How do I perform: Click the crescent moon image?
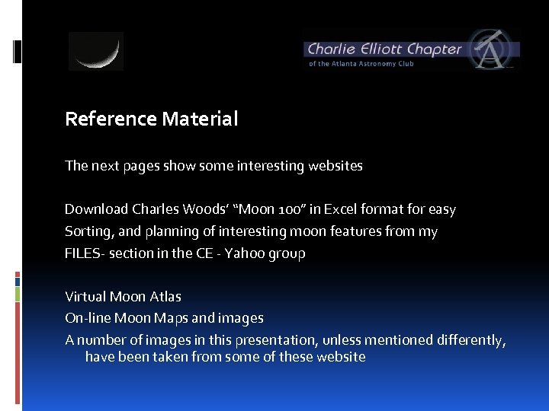pyautogui.click(x=96, y=51)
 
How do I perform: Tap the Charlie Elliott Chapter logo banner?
pyautogui.click(x=411, y=50)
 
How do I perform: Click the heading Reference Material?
pyautogui.click(x=152, y=119)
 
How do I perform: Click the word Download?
pyautogui.click(x=96, y=209)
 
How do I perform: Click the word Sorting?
pyautogui.click(x=88, y=231)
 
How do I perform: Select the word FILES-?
pyautogui.click(x=85, y=253)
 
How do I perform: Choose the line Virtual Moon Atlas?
pyautogui.click(x=123, y=297)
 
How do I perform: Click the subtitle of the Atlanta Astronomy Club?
pyautogui.click(x=361, y=64)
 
